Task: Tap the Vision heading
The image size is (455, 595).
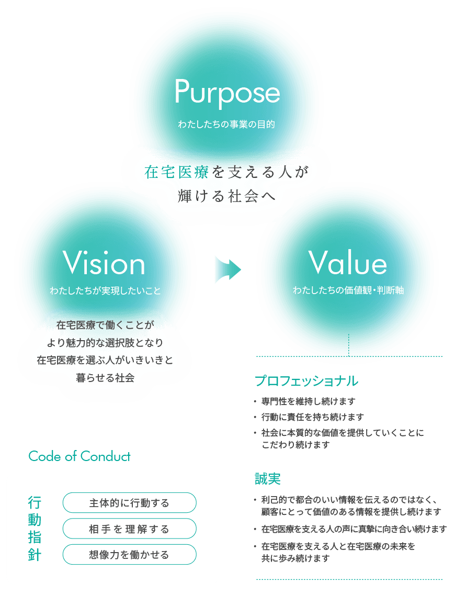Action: click(x=104, y=263)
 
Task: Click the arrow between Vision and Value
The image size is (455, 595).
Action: click(x=228, y=270)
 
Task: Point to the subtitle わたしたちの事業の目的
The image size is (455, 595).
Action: click(x=226, y=124)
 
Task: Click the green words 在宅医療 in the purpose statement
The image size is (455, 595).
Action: click(x=176, y=172)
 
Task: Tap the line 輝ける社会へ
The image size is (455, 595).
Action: click(x=226, y=196)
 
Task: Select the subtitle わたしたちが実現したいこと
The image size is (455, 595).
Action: click(x=105, y=290)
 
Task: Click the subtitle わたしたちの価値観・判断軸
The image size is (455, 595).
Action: click(x=348, y=290)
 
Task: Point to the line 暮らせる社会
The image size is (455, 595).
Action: click(x=105, y=378)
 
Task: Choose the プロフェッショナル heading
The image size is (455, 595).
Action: click(x=306, y=380)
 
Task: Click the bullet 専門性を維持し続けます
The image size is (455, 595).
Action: click(x=308, y=401)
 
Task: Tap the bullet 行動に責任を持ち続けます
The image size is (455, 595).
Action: click(x=312, y=417)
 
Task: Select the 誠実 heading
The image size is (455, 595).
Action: click(x=268, y=479)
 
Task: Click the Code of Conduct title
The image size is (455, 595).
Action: click(x=79, y=456)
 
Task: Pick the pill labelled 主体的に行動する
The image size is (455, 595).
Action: click(x=129, y=503)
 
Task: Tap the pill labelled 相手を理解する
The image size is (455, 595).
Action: click(x=129, y=529)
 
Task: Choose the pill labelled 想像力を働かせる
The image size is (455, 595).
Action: click(x=129, y=554)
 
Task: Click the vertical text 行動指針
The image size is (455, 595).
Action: click(x=35, y=529)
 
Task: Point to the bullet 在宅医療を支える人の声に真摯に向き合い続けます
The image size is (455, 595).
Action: click(x=354, y=529)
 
